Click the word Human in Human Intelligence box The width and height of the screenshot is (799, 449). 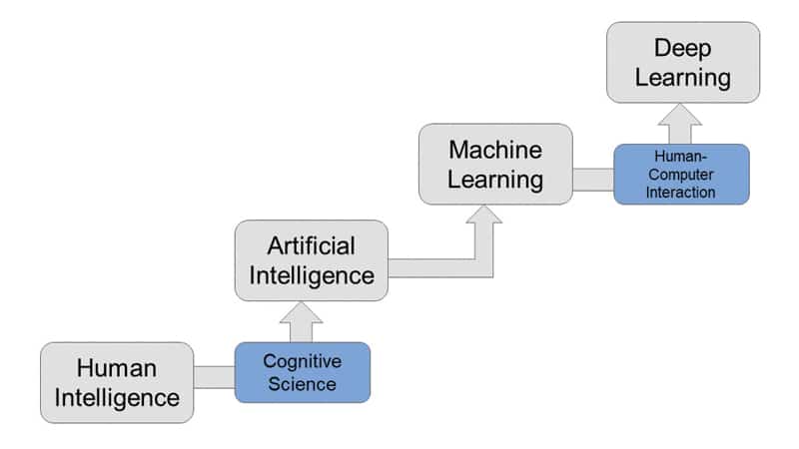117,367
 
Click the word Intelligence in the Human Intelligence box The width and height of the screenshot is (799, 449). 117,398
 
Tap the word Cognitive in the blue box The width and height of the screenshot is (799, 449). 302,361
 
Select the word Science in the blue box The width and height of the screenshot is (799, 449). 302,384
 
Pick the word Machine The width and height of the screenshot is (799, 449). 495,150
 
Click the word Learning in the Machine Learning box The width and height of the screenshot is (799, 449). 495,181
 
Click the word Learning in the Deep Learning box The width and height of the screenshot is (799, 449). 682,77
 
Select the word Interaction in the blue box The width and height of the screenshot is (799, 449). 680,192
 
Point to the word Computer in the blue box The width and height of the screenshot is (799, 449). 680,175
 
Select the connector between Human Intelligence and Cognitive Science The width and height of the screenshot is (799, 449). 214,376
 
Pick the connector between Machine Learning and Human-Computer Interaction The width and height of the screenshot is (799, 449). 592,179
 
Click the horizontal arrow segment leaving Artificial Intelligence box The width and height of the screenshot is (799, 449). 429,267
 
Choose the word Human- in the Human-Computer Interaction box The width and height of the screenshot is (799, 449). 680,157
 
